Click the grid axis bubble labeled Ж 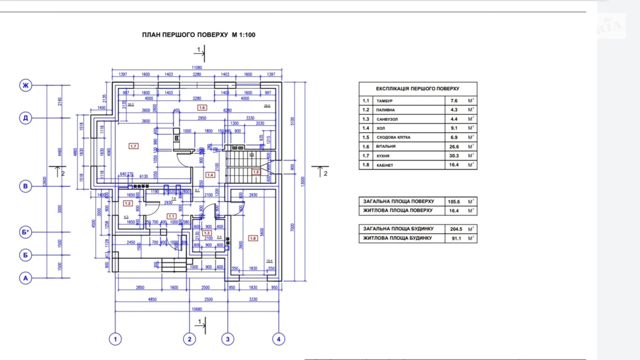tap(26, 85)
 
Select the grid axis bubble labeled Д tap(26, 118)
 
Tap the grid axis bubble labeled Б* tap(26, 232)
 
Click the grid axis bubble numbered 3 tap(228, 339)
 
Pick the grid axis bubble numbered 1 tap(115, 339)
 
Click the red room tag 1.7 tap(133, 146)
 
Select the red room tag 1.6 tap(202, 108)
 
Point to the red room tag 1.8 tap(253, 238)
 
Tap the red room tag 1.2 tap(128, 203)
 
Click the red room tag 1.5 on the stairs tap(256, 172)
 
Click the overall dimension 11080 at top tap(197, 67)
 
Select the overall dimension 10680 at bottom tap(197, 309)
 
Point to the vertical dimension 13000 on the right tap(303, 181)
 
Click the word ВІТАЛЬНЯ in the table tap(386, 146)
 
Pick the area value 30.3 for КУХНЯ tap(454, 156)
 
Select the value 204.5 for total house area tap(456, 229)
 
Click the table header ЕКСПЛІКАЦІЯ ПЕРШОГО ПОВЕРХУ tap(418, 89)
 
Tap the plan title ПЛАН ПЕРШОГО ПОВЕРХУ tap(185, 35)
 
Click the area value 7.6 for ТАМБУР tap(454, 101)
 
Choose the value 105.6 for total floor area tap(454, 201)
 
